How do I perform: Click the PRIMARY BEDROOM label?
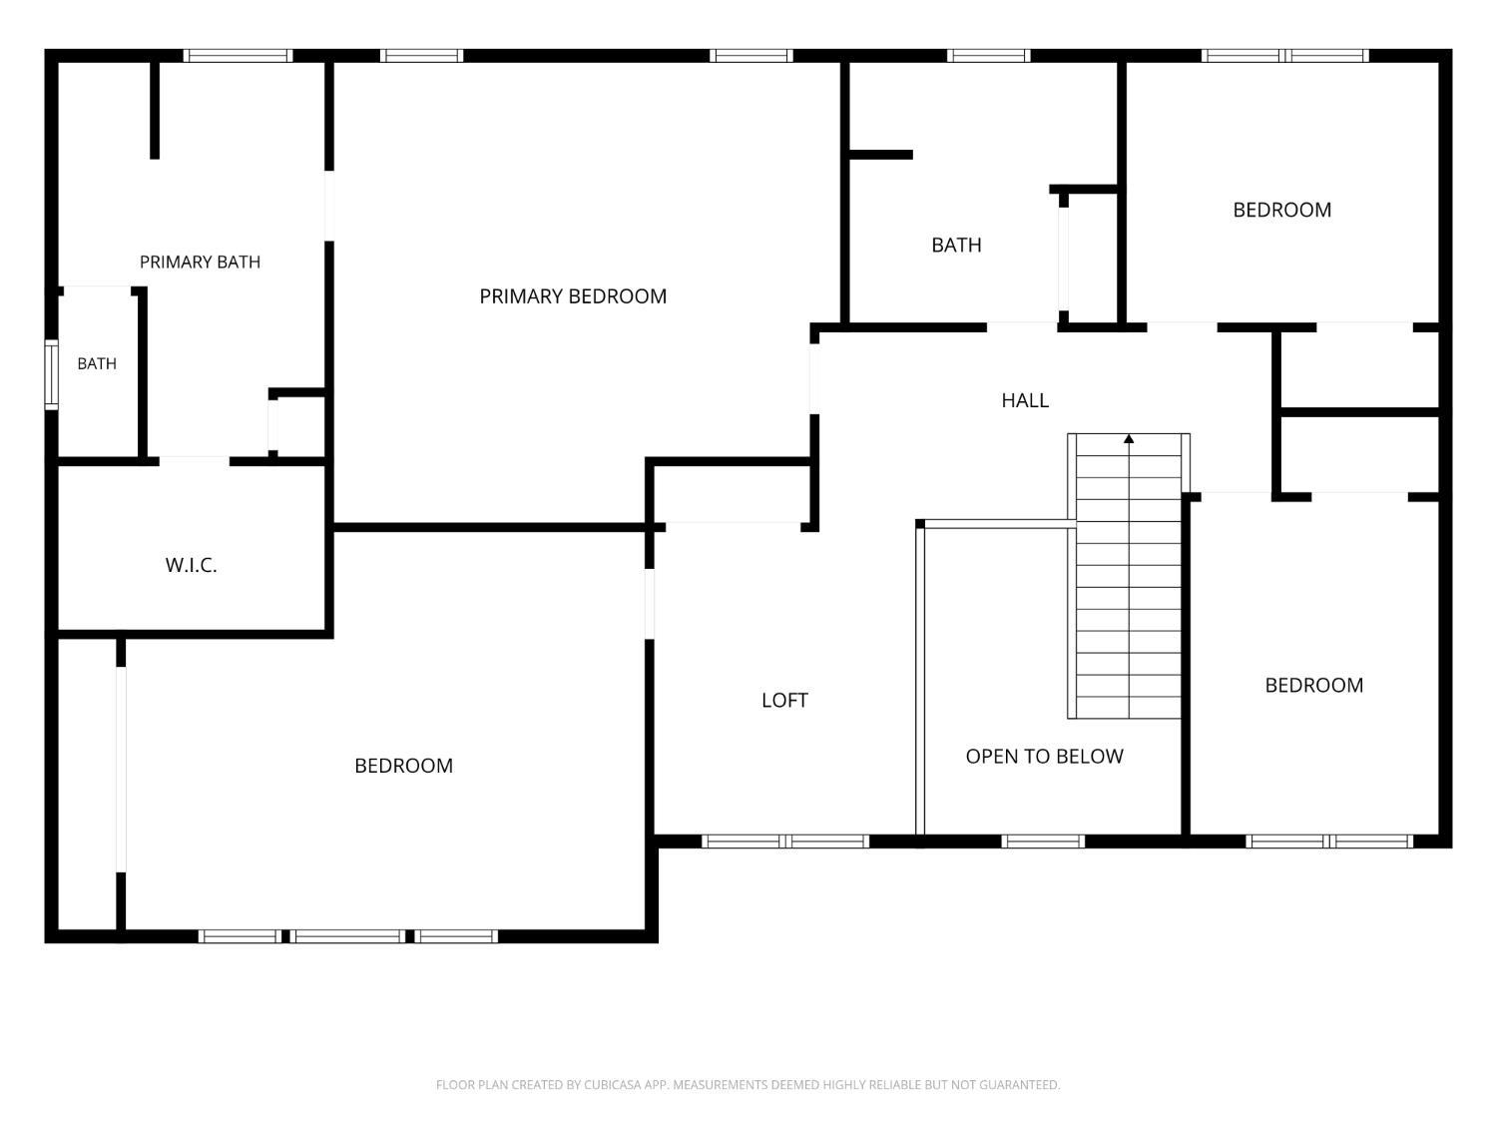click(573, 296)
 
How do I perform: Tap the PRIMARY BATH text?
click(200, 262)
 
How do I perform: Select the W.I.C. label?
click(191, 565)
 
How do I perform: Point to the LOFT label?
click(784, 701)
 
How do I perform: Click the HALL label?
click(1024, 400)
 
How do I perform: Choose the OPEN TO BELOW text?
click(1044, 757)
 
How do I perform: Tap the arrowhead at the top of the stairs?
click(1129, 439)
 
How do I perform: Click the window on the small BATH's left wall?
click(51, 375)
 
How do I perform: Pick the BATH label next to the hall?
click(956, 245)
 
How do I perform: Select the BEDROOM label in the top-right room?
click(1282, 210)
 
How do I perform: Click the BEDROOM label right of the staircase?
click(1314, 685)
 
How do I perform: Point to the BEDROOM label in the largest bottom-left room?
click(404, 766)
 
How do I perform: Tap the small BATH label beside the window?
click(97, 364)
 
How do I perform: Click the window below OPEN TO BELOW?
click(1043, 842)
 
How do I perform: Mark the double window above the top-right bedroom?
click(1284, 55)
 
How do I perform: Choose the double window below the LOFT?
click(785, 842)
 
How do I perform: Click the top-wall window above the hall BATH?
click(989, 55)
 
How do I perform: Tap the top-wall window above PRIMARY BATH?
click(238, 55)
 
